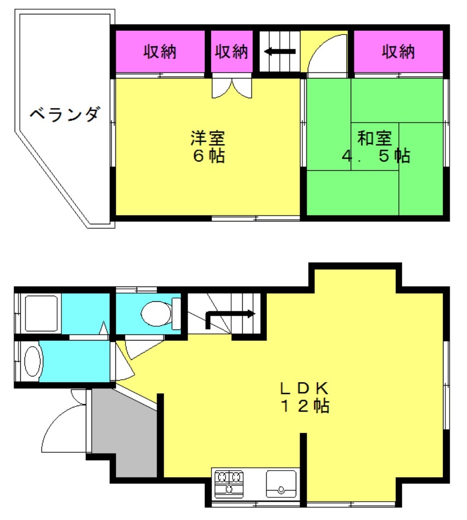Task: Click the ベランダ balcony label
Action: coord(65,114)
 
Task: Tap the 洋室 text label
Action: coord(208,138)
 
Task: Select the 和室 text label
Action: coord(374,138)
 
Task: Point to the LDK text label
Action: coord(305,388)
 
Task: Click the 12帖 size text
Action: coord(305,406)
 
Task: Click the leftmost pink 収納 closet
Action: coord(160,51)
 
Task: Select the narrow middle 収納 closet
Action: coord(232,51)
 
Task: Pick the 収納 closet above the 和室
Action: coord(398,51)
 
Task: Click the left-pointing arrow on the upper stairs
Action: coord(280,51)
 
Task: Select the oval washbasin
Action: coord(33,361)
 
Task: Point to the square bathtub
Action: coord(42,313)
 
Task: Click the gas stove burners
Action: coord(229,484)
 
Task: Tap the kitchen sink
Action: coord(281,484)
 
